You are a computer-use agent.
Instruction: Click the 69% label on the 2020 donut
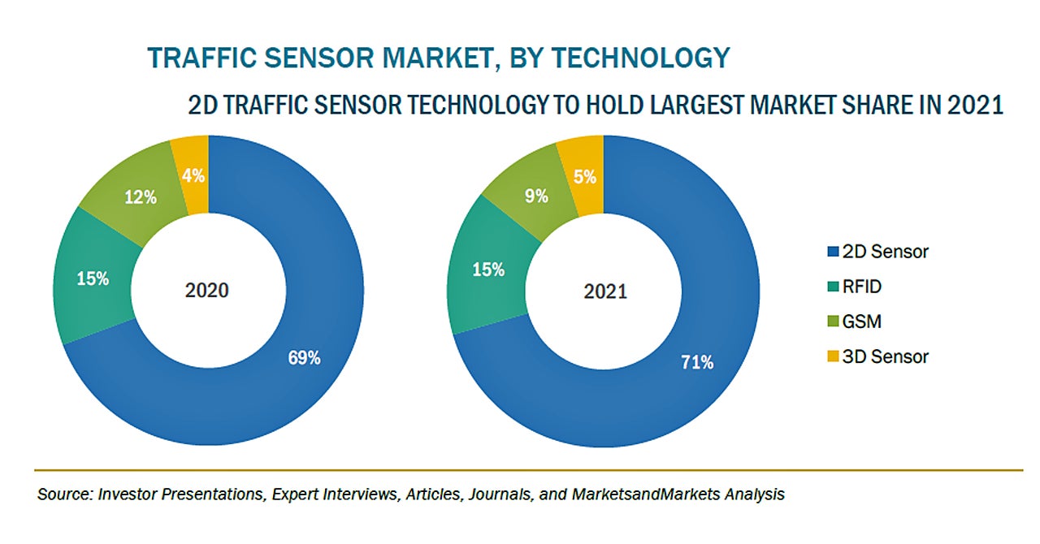[305, 357]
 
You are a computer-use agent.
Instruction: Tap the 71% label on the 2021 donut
[697, 362]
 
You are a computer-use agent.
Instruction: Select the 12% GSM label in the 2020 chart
[140, 197]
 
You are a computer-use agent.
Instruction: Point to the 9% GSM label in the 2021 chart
[536, 196]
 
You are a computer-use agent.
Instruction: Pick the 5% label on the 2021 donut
[585, 176]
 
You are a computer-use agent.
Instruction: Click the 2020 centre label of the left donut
[208, 290]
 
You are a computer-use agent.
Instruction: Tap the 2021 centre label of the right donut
[605, 291]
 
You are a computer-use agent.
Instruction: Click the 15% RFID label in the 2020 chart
[93, 278]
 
